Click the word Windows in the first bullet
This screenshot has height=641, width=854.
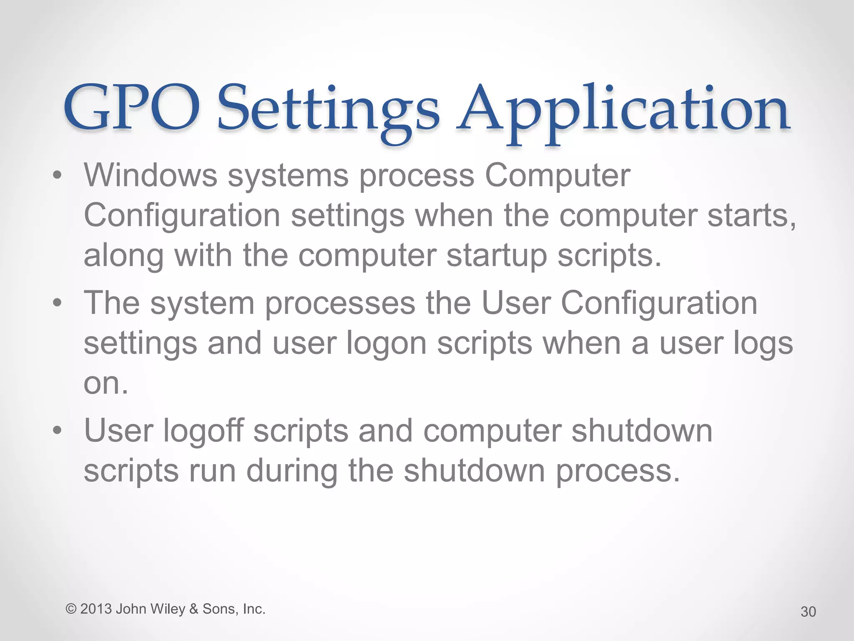click(x=151, y=175)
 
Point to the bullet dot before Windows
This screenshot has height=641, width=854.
click(x=58, y=176)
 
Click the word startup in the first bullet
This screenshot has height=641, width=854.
click(x=496, y=256)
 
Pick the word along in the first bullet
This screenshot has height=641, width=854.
click(x=123, y=256)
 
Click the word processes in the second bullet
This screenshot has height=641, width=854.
click(x=340, y=303)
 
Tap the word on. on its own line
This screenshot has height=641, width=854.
click(x=106, y=383)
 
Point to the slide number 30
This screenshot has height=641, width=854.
click(x=808, y=612)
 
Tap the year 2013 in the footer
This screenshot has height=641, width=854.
click(x=95, y=609)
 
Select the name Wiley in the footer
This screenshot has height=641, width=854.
click(x=168, y=609)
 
